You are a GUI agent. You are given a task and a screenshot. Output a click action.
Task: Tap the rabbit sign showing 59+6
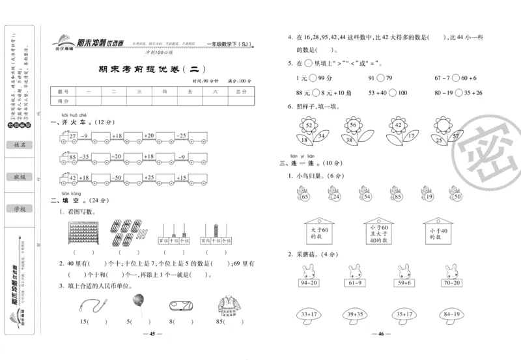coord(404,276)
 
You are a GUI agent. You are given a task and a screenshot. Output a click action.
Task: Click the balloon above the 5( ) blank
coord(137,301)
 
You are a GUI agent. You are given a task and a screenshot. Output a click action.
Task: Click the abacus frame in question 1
coord(81,232)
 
